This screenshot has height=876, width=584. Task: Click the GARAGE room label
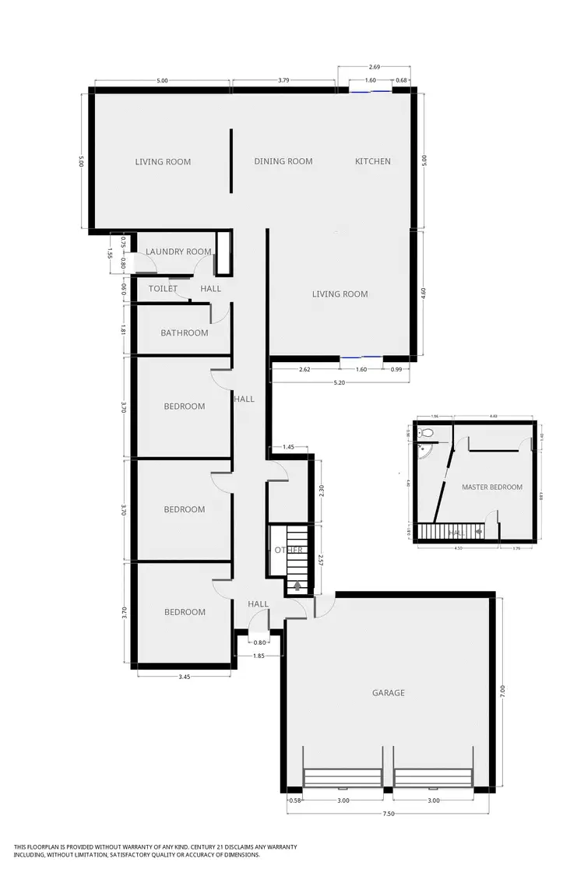[x=388, y=692]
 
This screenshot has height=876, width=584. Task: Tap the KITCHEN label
[x=373, y=161]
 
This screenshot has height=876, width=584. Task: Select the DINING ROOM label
[x=283, y=161]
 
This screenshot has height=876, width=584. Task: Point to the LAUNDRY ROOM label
[x=178, y=252]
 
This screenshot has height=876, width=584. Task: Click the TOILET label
[x=164, y=288]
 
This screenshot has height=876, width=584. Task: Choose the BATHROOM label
[x=185, y=332]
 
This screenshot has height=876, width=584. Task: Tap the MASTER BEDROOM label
[x=491, y=487]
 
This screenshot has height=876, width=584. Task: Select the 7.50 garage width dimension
[x=389, y=814]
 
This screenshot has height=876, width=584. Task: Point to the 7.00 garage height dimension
[x=503, y=691]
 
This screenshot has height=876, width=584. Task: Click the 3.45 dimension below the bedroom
[x=184, y=677]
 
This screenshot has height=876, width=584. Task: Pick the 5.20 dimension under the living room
[x=339, y=382]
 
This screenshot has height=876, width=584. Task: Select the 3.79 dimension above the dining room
[x=283, y=80]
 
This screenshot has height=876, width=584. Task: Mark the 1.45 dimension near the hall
[x=288, y=447]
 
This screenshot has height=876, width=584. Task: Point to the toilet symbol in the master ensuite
[x=426, y=433]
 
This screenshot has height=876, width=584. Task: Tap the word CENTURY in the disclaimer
[x=185, y=846]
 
